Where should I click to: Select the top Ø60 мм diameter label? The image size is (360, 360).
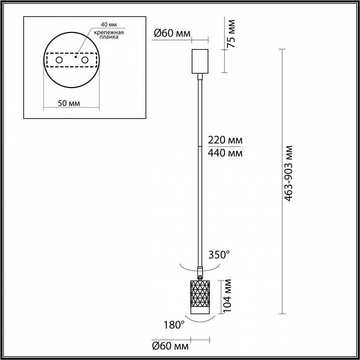[171, 33]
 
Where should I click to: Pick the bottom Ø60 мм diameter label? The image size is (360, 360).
[171, 345]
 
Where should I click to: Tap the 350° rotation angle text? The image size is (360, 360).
[218, 255]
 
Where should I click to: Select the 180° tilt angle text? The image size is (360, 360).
[174, 325]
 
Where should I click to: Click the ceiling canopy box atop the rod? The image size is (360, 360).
[200, 60]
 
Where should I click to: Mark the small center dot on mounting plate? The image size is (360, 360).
[74, 56]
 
